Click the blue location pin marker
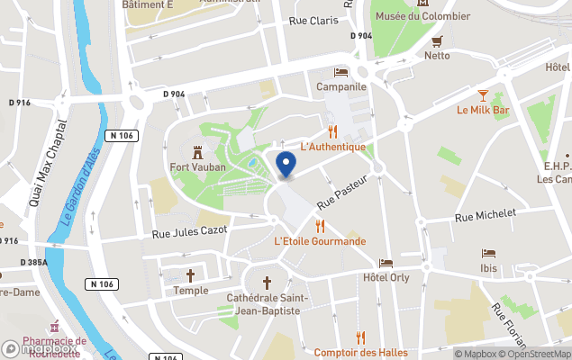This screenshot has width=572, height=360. pos(286,164)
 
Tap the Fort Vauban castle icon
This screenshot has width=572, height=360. pos(198,150)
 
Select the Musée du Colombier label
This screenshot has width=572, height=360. pos(422,17)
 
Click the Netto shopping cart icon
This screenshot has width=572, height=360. pos(437,40)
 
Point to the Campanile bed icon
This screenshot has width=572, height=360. pos(340,72)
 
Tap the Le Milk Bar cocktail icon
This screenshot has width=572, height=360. pos(483,94)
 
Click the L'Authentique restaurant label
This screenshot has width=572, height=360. pos(332,147)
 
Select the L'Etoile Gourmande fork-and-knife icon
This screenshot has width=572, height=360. pos(320,226)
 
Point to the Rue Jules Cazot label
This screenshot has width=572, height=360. pos(190,232)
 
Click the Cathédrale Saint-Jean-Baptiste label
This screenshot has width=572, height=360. pos(268,304)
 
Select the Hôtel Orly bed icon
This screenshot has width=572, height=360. pos(386,264)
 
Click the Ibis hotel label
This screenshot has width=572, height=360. pos(488,268)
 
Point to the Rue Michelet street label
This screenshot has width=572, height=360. pos(486,215)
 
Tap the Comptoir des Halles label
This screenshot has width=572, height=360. pos(360,353)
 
